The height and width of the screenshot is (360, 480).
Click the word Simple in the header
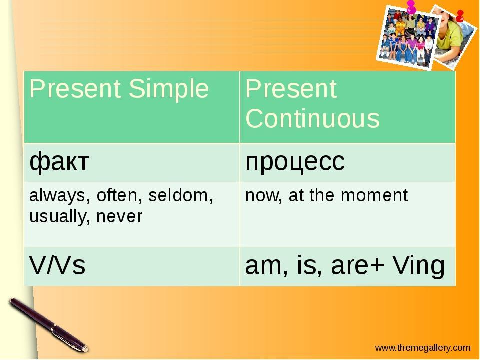coord(169,89)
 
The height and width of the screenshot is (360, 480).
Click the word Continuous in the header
coord(312,118)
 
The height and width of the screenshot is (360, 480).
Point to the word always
coord(57,196)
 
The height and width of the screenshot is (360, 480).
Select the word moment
coord(374,196)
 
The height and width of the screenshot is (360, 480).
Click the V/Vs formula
coord(57,265)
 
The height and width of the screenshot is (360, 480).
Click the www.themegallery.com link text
coord(423,348)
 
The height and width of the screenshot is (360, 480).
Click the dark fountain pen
coord(49,325)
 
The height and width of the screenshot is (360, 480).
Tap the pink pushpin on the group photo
coord(412,6)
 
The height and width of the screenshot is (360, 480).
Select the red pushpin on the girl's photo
coord(460,16)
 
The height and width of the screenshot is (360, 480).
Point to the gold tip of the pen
coord(84,348)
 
